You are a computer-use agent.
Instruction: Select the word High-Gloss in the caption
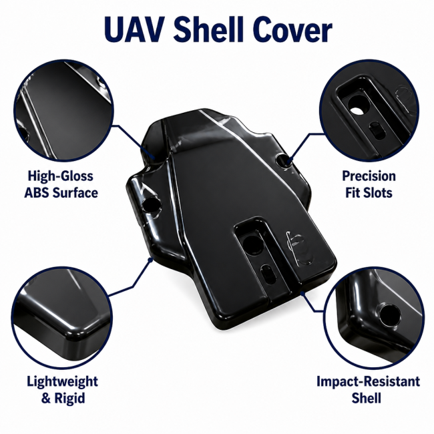pyautogui.click(x=61, y=176)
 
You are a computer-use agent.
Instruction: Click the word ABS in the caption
pyautogui.click(x=37, y=193)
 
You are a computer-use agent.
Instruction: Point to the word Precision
pyautogui.click(x=369, y=176)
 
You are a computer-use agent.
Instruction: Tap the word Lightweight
pyautogui.click(x=63, y=382)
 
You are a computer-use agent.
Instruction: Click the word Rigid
pyautogui.click(x=69, y=399)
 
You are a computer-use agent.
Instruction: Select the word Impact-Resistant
pyautogui.click(x=369, y=381)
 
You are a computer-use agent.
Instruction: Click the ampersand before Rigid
pyautogui.click(x=46, y=399)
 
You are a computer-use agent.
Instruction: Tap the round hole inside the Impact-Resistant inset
pyautogui.click(x=390, y=316)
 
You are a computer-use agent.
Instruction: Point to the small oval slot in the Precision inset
pyautogui.click(x=377, y=130)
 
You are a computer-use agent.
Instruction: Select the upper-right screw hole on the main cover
pyautogui.click(x=283, y=160)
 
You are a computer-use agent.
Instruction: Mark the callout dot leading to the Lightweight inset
pyautogui.click(x=150, y=260)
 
